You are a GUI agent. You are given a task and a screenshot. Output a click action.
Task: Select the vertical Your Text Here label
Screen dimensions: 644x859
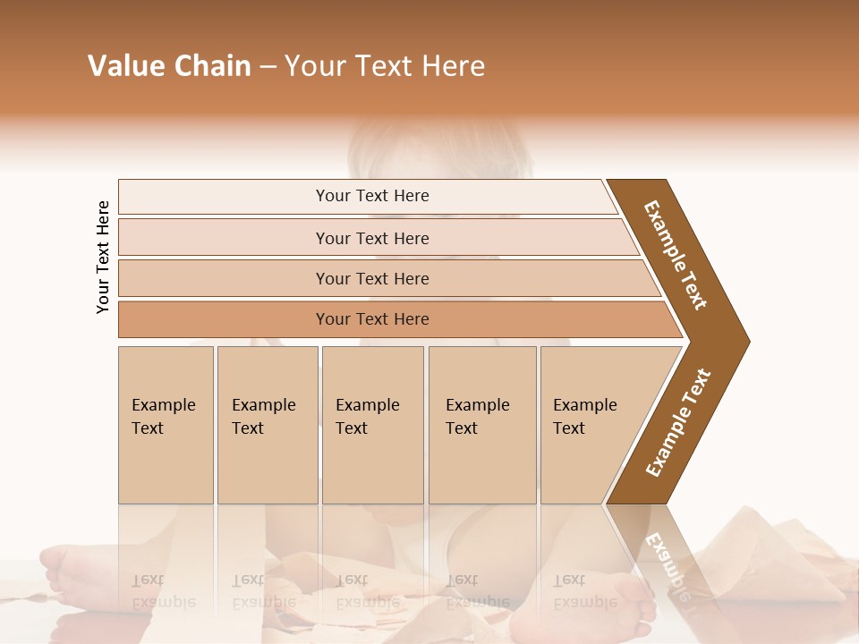point(103,258)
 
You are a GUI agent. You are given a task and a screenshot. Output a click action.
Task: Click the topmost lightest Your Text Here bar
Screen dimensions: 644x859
point(372,196)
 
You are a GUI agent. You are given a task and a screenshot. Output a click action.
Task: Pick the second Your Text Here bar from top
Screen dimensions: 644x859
point(372,238)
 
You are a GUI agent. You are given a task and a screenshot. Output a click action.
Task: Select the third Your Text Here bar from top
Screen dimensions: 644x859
point(372,278)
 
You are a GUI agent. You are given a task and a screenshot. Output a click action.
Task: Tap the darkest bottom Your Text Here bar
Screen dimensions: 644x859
point(372,319)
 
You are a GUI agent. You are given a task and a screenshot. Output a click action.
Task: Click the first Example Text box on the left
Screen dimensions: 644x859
point(166,425)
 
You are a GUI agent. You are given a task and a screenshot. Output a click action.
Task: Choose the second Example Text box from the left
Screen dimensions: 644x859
point(267,425)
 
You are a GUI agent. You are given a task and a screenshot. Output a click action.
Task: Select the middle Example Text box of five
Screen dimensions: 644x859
point(372,425)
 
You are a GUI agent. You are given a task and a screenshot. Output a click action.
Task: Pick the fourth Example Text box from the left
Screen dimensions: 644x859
point(481,425)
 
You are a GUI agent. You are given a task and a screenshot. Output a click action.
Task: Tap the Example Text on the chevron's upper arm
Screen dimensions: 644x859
point(676,255)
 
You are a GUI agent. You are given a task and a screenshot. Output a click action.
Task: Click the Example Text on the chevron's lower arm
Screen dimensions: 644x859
point(677,422)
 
